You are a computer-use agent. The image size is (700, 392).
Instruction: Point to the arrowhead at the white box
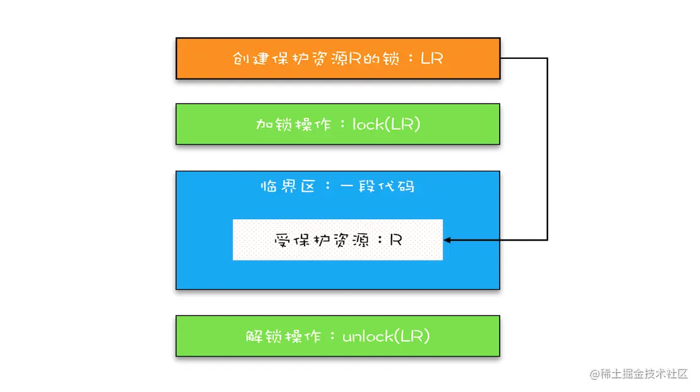pos(447,240)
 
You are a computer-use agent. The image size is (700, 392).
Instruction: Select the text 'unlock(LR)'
pos(386,336)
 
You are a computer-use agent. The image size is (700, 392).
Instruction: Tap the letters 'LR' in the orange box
pos(432,59)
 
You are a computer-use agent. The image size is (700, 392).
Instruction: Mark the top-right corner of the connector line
pos(547,59)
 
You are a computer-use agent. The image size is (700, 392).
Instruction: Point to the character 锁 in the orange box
pos(392,59)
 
